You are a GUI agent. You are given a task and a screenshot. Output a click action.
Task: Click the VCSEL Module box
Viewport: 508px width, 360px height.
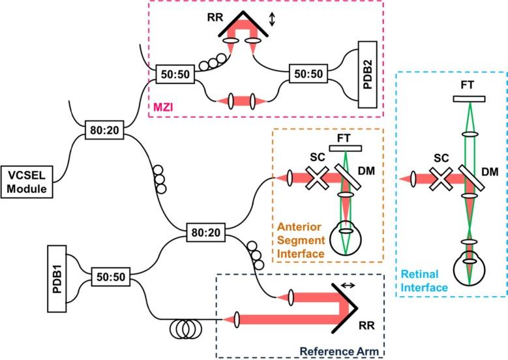(x=27, y=182)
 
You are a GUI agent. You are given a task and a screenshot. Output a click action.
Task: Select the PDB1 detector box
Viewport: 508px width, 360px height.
(x=57, y=278)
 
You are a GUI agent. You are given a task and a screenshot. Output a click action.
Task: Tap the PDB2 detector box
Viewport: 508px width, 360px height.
(x=368, y=74)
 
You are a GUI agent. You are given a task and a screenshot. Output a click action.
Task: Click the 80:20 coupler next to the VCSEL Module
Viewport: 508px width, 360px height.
(x=104, y=130)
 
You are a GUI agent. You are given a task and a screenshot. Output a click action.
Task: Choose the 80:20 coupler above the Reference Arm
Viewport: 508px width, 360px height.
(x=206, y=232)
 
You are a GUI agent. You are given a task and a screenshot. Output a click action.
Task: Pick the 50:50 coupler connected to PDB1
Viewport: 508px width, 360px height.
(x=111, y=277)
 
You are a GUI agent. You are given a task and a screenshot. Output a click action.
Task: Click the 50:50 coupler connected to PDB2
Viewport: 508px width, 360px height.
(x=308, y=74)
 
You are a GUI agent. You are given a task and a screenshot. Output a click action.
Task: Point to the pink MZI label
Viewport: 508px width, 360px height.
(x=163, y=106)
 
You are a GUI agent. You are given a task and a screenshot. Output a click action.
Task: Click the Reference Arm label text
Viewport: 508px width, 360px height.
(x=339, y=352)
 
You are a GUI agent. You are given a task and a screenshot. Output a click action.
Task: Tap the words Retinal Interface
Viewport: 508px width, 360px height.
(x=424, y=280)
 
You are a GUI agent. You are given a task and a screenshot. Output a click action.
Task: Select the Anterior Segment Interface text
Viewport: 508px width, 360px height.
(x=301, y=240)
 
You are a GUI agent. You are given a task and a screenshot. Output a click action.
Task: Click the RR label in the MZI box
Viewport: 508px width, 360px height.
(x=215, y=17)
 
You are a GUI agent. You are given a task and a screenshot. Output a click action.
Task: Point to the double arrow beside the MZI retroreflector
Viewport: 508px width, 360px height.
(x=272, y=20)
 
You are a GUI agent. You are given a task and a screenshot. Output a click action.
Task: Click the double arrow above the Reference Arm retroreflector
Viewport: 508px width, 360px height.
(x=348, y=285)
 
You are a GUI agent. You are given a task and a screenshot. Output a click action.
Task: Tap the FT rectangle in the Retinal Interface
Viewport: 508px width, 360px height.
(x=470, y=99)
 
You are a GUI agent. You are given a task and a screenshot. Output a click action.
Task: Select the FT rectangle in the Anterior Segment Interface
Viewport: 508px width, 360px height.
(x=346, y=149)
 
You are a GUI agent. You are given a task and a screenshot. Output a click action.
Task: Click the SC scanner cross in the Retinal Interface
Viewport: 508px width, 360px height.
(x=441, y=179)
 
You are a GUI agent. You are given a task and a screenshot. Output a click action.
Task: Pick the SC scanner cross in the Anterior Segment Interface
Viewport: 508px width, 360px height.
(x=318, y=177)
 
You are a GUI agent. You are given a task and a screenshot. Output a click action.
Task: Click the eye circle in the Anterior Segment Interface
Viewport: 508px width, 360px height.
(x=346, y=238)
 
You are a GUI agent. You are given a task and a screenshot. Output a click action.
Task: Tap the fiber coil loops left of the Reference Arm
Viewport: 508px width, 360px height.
(x=186, y=329)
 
